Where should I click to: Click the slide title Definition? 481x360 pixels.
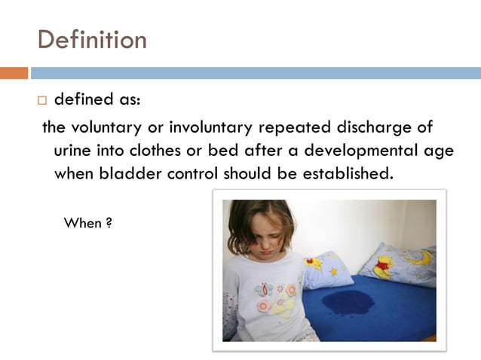click(92, 39)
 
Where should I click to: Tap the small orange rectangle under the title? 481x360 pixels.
click(14, 73)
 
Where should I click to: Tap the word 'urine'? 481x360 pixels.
click(74, 150)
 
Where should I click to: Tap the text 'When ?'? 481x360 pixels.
click(88, 223)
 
